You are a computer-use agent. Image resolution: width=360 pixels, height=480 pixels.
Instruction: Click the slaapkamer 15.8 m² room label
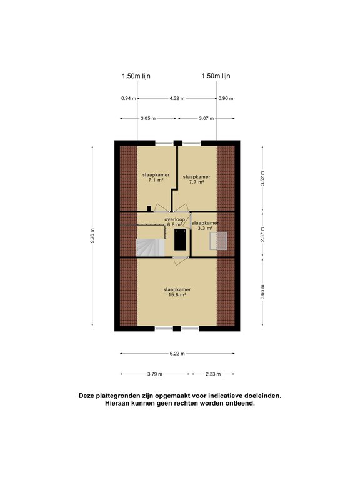click(x=177, y=292)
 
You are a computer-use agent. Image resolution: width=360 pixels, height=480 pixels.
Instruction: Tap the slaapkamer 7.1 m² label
click(x=156, y=177)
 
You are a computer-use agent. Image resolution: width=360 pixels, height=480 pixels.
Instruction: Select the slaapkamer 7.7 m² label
click(x=196, y=180)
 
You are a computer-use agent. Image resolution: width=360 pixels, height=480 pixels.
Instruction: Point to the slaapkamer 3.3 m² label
click(x=205, y=226)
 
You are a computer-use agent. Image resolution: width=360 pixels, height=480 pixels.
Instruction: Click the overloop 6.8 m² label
click(x=175, y=222)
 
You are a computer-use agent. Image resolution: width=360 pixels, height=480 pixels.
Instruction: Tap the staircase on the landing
click(x=151, y=247)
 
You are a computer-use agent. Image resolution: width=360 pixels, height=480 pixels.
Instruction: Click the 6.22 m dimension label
click(x=177, y=354)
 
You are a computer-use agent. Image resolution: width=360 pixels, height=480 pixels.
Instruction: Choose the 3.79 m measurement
click(x=154, y=374)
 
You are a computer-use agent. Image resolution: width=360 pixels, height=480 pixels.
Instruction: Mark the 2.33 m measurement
click(x=212, y=374)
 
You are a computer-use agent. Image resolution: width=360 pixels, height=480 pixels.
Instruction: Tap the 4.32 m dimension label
click(x=177, y=98)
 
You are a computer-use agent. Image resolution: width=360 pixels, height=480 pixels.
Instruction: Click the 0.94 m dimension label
click(x=128, y=98)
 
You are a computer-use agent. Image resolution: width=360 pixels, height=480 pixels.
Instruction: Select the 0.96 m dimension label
click(x=225, y=98)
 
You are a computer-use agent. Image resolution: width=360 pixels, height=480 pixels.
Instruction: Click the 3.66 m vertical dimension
click(x=263, y=292)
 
